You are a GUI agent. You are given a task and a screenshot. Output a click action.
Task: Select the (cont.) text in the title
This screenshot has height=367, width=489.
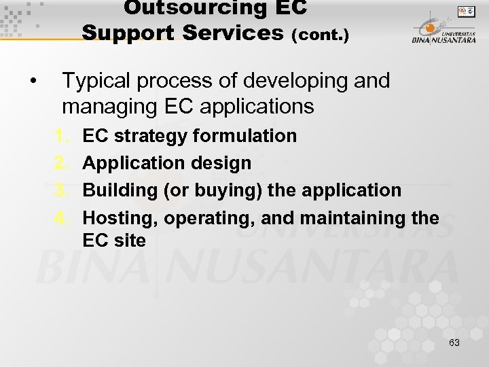320,34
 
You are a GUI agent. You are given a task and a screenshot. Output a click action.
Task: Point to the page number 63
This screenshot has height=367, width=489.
454,343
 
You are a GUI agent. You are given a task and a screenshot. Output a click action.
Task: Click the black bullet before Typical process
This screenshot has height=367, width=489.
33,82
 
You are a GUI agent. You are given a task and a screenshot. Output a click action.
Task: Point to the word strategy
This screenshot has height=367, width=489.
151,137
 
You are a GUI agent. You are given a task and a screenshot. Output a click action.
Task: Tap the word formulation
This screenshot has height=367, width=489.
245,136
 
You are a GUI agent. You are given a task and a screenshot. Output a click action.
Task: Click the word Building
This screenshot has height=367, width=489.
120,191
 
